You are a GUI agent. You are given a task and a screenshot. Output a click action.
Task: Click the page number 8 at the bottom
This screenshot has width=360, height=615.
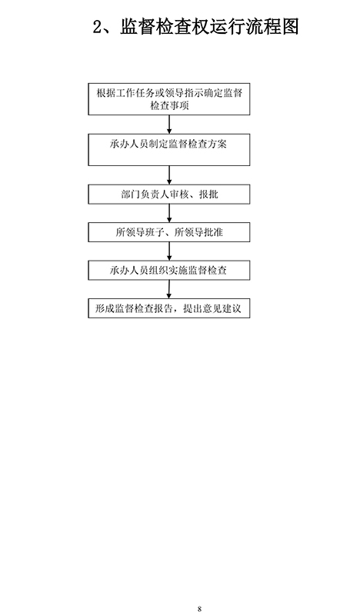pos(199,609)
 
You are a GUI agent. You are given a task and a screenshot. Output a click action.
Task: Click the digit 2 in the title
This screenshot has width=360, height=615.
pos(98,27)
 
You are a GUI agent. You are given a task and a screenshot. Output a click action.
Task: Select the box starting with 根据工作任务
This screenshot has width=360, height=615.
pos(168,99)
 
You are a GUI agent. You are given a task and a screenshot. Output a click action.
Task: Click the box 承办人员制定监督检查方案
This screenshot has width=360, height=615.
pos(168,150)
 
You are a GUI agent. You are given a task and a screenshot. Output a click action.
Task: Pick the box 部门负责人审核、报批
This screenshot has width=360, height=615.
pos(168,194)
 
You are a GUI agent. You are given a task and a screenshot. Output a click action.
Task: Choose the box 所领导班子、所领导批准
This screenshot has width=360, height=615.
pos(168,232)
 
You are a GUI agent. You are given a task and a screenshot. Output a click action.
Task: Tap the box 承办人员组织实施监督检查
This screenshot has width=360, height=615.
pos(168,271)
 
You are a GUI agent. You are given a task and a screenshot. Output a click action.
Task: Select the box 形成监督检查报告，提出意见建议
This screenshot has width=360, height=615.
pos(168,308)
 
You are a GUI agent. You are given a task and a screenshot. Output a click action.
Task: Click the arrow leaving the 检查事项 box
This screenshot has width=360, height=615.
pos(169,125)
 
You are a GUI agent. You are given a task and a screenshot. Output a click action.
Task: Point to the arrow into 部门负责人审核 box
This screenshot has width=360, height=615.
pos(169,175)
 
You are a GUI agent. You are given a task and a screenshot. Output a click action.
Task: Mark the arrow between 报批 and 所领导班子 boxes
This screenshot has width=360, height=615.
pos(169,214)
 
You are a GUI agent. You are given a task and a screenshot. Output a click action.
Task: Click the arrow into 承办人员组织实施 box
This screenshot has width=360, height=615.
pos(169,251)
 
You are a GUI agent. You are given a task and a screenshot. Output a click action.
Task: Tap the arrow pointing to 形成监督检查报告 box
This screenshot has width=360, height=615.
pos(168,289)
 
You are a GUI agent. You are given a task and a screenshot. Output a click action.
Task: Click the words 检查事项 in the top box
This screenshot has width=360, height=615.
pos(169,106)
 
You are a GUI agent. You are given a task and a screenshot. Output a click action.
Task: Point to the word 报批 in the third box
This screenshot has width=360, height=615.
pos(209,194)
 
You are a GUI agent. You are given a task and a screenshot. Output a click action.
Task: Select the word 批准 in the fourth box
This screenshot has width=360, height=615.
pos(213,232)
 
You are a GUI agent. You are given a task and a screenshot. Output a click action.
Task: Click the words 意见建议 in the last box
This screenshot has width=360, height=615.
pos(222,309)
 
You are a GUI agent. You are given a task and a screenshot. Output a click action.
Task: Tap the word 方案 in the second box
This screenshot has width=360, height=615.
pos(218,144)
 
